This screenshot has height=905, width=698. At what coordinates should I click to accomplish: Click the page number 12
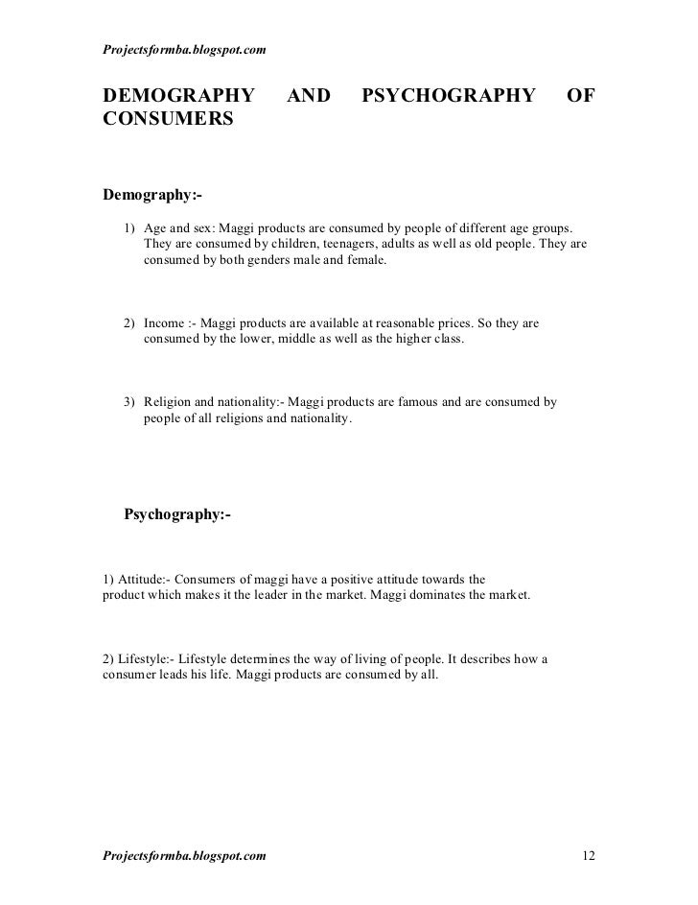[x=590, y=854]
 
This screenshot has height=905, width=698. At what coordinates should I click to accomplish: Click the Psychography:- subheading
[x=178, y=514]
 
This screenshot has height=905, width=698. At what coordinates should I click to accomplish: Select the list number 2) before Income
[x=129, y=323]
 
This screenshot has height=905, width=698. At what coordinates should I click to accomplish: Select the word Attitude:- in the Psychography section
[x=145, y=579]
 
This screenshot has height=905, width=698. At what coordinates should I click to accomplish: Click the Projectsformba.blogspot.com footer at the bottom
[x=184, y=854]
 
